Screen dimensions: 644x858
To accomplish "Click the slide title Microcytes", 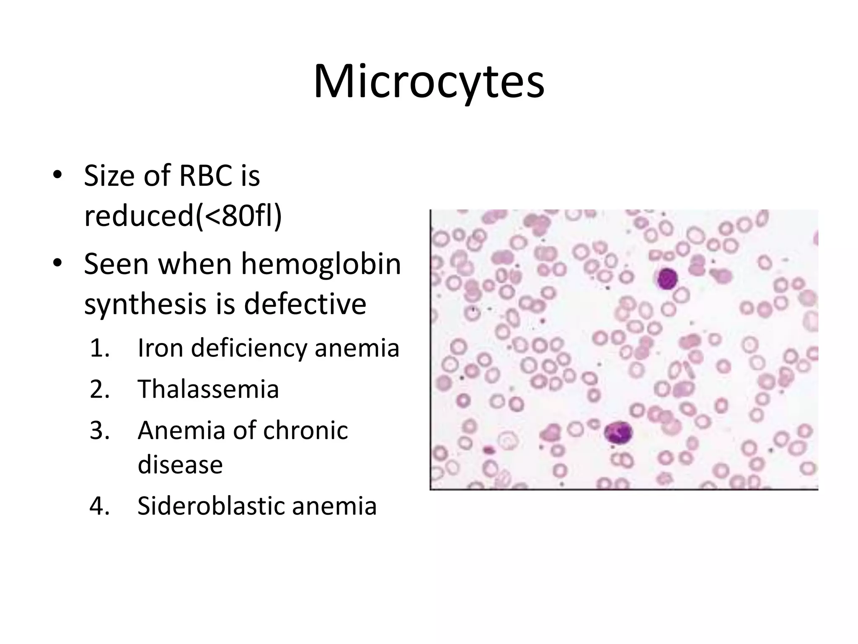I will point(429,82).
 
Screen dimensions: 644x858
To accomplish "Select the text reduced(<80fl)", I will point(183,216).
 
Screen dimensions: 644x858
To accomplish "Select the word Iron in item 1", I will point(160,348).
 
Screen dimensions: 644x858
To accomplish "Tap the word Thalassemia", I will point(208,389).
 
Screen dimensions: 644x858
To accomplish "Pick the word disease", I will point(180,465).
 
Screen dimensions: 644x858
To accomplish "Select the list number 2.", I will point(99,389).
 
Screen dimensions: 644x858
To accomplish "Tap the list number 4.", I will point(99,506).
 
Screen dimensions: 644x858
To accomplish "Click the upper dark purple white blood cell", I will point(667,279).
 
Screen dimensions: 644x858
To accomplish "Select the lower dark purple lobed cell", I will point(618,434).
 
